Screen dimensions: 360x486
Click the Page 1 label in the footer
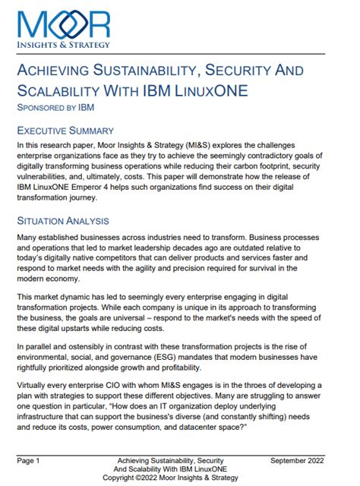tap(29, 460)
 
